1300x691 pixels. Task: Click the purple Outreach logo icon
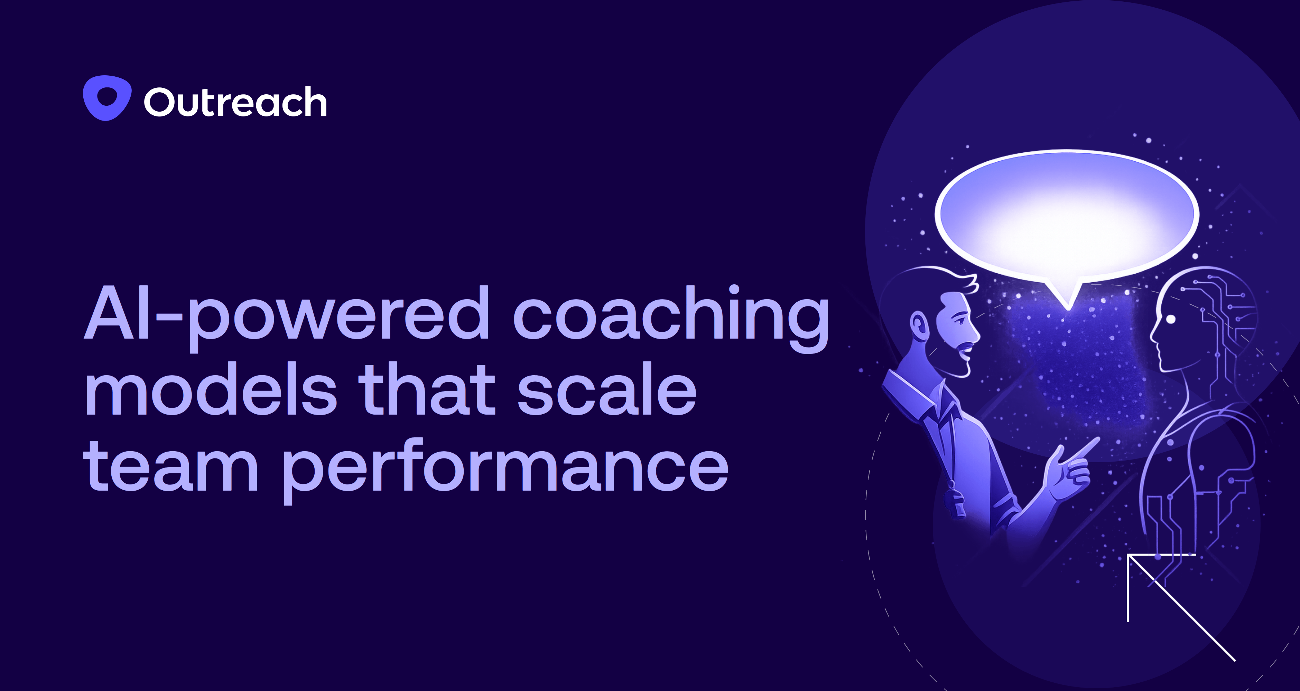107,98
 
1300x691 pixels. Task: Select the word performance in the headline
505,468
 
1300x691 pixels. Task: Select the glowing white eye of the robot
1171,319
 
